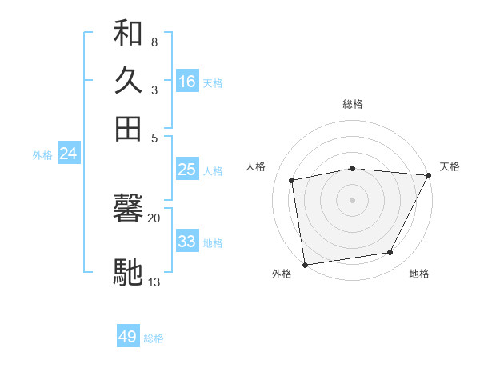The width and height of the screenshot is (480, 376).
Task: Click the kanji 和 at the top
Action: [x=128, y=34]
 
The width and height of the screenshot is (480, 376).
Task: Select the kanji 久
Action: [x=128, y=81]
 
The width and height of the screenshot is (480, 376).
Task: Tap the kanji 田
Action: [x=128, y=128]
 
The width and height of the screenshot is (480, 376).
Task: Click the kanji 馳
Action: [x=128, y=271]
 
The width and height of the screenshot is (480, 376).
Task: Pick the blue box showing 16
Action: [x=187, y=82]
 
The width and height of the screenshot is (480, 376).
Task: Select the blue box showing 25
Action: [x=187, y=170]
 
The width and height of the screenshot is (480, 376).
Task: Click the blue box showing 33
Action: [x=187, y=242]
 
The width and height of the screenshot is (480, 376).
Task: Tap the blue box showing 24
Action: [x=68, y=154]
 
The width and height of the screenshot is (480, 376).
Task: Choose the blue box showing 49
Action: [x=128, y=337]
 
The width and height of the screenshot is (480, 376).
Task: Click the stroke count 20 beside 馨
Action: [x=154, y=217]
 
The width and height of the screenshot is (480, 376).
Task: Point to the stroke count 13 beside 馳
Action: [x=154, y=282]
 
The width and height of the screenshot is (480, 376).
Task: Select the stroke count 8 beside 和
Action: [x=154, y=42]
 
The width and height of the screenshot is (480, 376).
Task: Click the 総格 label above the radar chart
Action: [x=353, y=104]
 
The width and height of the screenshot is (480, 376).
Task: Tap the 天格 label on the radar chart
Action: [x=450, y=166]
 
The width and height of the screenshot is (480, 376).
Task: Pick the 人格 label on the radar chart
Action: [x=256, y=166]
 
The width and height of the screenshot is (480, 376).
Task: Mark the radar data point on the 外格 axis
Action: [x=305, y=264]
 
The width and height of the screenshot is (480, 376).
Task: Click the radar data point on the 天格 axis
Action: [x=429, y=175]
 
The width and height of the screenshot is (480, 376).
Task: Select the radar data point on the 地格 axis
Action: [x=390, y=253]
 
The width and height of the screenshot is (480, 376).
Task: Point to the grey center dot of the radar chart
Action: [x=353, y=200]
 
